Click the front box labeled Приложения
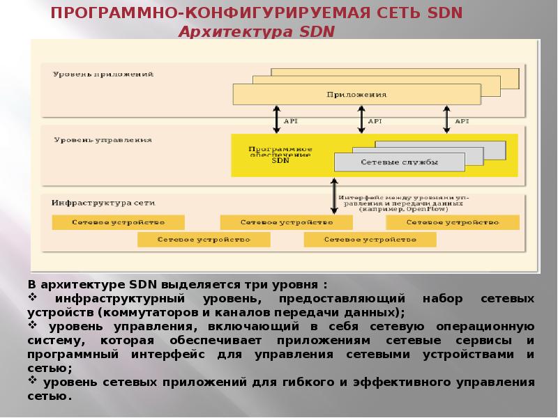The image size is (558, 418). coord(356,94)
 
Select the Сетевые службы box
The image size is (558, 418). coord(399,162)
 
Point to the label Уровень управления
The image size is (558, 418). coord(103,140)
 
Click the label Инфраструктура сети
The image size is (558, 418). coord(103,203)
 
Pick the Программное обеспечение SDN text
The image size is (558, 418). coord(280,155)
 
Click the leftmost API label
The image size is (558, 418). coord(291,121)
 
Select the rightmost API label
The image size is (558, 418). coord(462,121)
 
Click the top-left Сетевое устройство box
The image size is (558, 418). coord(119,222)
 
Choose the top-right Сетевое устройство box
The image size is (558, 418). coord(453,222)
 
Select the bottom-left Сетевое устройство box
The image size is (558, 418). coord(204,240)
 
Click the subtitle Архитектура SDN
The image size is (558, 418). coord(257,32)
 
